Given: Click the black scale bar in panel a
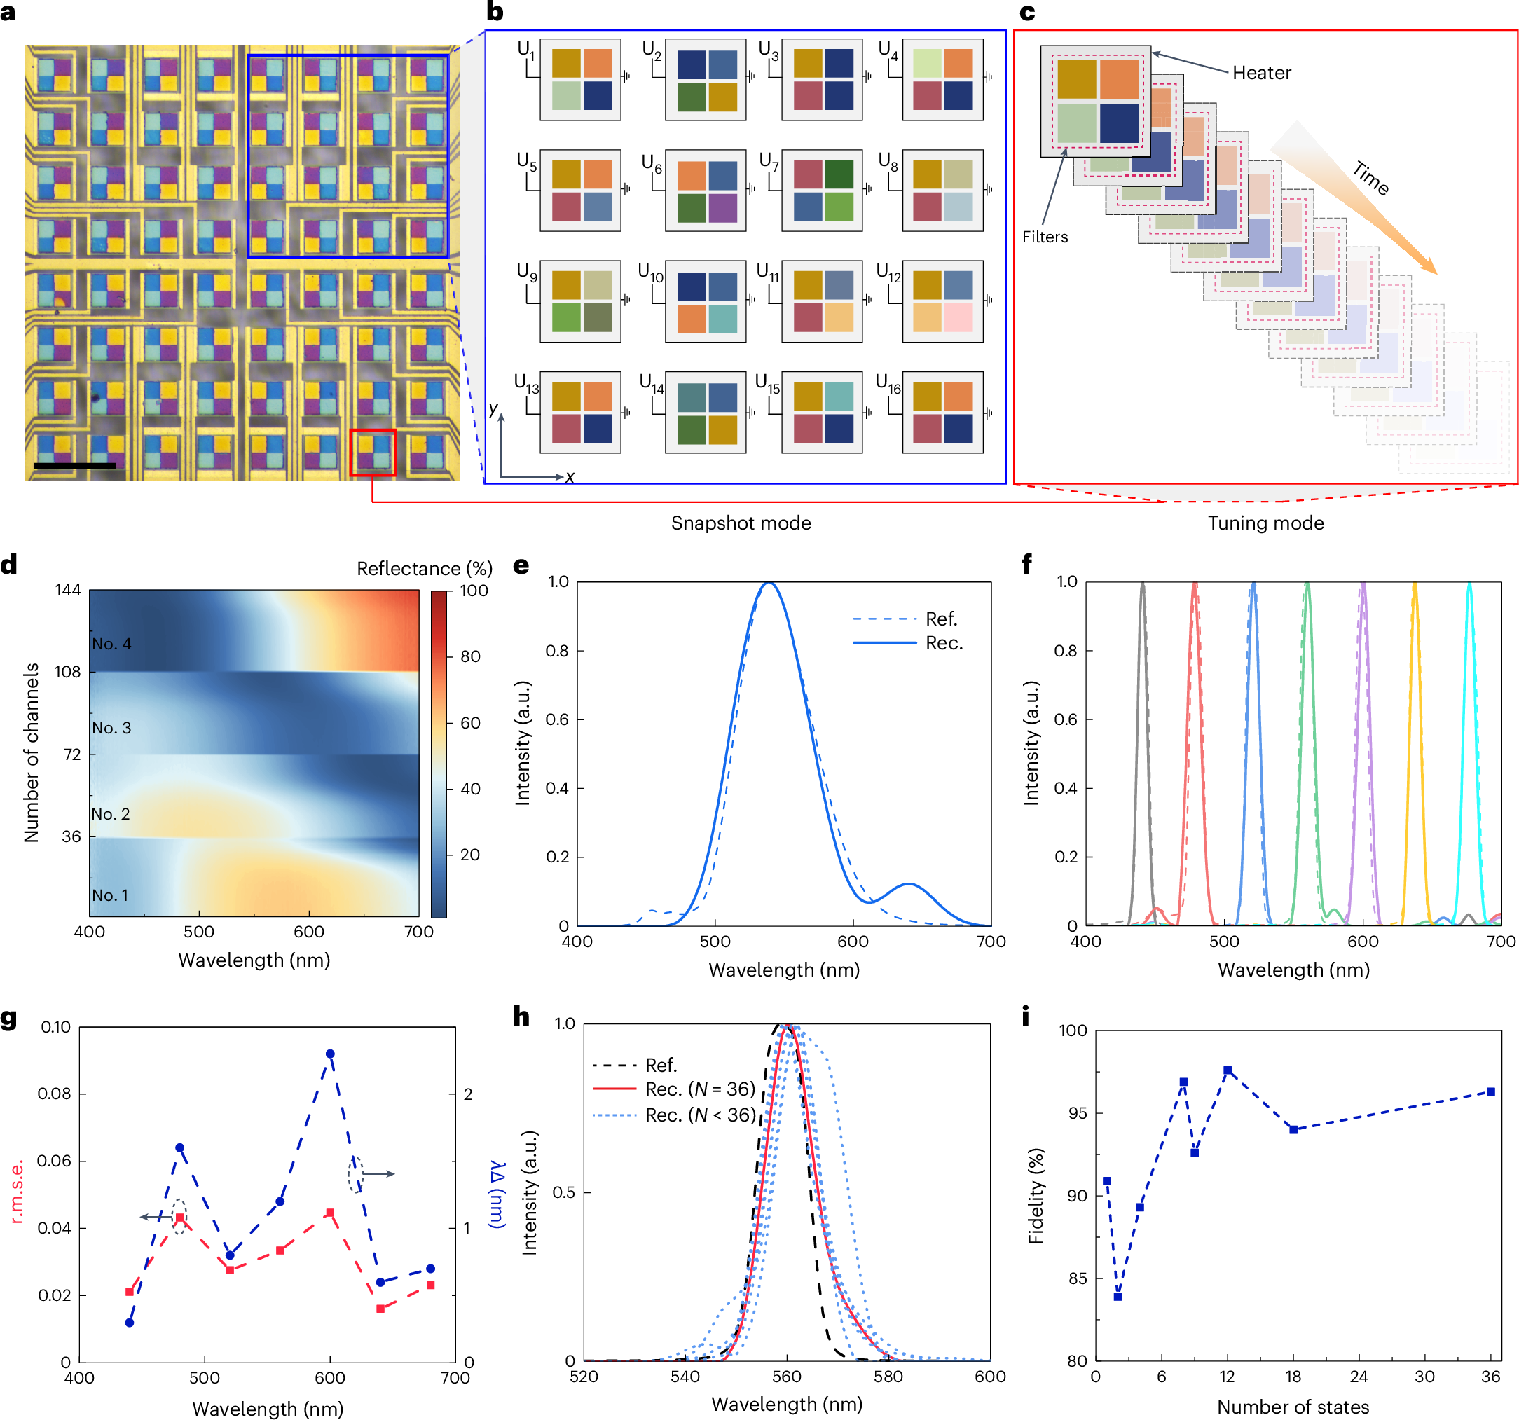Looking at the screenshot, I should coord(75,464).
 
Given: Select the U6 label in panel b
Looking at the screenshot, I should coord(651,163).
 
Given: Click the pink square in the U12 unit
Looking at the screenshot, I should coord(959,318).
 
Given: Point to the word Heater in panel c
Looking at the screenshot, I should coord(1260,74).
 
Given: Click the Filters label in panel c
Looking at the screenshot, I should coord(1045,237).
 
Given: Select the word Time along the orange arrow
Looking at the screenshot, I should coord(1370,178).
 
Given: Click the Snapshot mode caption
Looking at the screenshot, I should coord(741,523).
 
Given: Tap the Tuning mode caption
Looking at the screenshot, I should coord(1265,523).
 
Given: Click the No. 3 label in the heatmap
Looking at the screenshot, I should coord(111,728).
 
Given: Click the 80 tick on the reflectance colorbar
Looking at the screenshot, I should coord(470,656).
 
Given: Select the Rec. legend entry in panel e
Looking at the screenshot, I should coord(944,643).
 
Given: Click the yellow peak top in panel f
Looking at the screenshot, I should coord(1415,586).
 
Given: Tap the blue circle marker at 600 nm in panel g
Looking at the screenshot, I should coord(330,1054).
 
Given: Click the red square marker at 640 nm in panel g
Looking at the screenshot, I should coord(380,1309).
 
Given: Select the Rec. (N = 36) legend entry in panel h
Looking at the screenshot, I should coord(699,1089).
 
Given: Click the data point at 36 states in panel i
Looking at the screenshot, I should coord(1490,1091).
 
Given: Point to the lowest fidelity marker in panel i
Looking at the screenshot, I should coord(1118,1296).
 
